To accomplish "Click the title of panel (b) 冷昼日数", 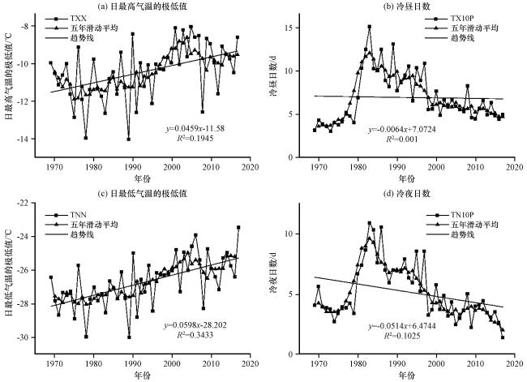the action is pos(406,6).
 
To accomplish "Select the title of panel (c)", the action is pos(142,194).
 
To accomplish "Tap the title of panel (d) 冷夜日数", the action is pos(406,194).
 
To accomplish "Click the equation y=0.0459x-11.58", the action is pos(195,128).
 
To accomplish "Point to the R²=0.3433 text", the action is pos(195,335).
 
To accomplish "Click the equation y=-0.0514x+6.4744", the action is pos(402,326).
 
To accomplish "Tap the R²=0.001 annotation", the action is pos(402,139).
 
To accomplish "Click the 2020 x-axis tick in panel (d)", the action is pos(515,364).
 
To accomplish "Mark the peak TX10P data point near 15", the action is pos(370,27).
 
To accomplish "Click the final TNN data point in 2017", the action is pos(238,228).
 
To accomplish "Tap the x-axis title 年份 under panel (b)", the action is pos(406,178).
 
